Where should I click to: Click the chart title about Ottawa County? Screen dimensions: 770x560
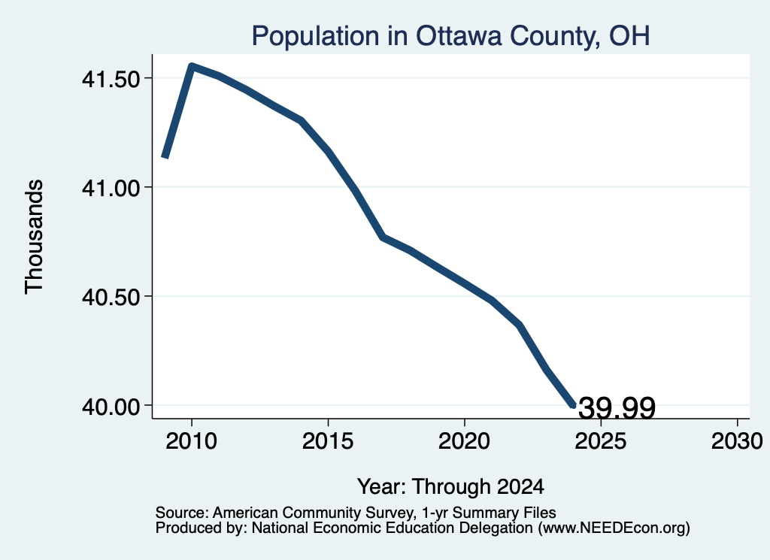[451, 36]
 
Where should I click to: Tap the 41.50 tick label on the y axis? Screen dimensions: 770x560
[111, 78]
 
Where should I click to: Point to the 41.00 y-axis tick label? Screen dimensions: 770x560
[111, 187]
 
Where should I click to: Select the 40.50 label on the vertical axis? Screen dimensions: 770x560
[111, 297]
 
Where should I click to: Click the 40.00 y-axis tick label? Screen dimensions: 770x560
[111, 407]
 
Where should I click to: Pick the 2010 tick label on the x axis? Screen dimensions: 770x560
[192, 440]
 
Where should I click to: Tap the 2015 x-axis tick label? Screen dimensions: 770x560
[328, 440]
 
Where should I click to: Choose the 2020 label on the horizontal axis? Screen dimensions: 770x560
[464, 440]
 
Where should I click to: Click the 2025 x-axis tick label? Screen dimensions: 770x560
[601, 440]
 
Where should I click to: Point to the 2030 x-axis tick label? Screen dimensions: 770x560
[737, 440]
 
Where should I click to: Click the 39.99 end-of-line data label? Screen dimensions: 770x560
[617, 408]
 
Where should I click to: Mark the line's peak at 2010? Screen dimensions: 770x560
[192, 66]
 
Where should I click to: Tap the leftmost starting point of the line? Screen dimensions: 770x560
[165, 157]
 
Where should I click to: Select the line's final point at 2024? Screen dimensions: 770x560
[573, 406]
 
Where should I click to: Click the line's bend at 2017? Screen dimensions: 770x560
[383, 238]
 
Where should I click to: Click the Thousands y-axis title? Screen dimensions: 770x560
[35, 237]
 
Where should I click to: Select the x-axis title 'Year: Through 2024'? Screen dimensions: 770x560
[450, 487]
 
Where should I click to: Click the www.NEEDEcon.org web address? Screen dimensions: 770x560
[614, 528]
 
